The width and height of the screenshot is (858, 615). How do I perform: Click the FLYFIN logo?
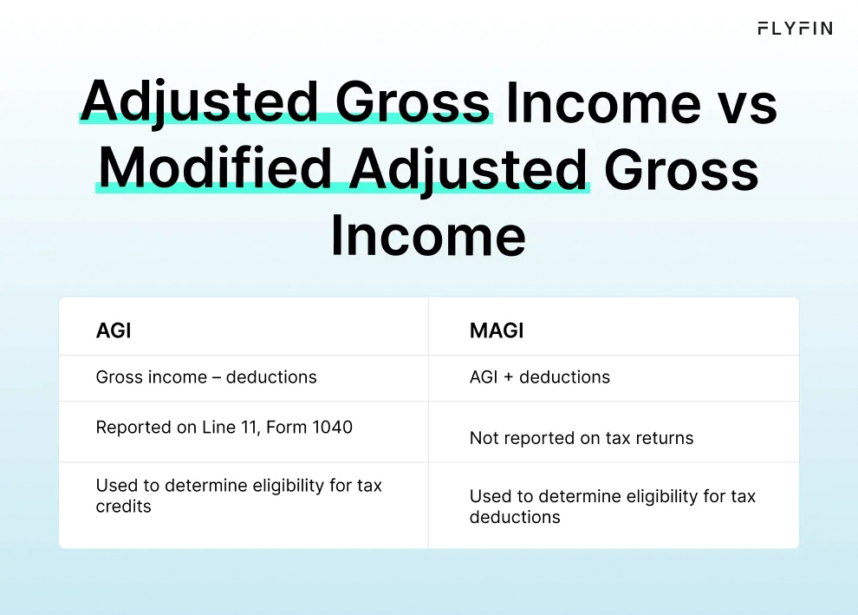point(794,29)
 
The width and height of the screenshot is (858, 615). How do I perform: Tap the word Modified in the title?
point(216,168)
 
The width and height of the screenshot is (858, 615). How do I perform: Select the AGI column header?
point(114,330)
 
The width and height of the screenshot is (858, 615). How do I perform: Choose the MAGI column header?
point(497,330)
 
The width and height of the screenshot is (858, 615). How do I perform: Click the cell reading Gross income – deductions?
point(206,377)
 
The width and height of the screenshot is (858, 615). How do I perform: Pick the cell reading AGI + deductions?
point(540,377)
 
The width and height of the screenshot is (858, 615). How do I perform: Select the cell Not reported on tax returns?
point(582,438)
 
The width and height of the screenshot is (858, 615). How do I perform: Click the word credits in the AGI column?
point(123,507)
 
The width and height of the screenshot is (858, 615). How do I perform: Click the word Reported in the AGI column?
point(131,427)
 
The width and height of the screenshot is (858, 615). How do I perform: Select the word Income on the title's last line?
point(428,236)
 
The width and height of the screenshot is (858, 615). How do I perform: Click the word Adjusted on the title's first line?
point(200,102)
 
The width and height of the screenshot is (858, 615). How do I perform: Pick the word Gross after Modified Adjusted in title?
point(681,168)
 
